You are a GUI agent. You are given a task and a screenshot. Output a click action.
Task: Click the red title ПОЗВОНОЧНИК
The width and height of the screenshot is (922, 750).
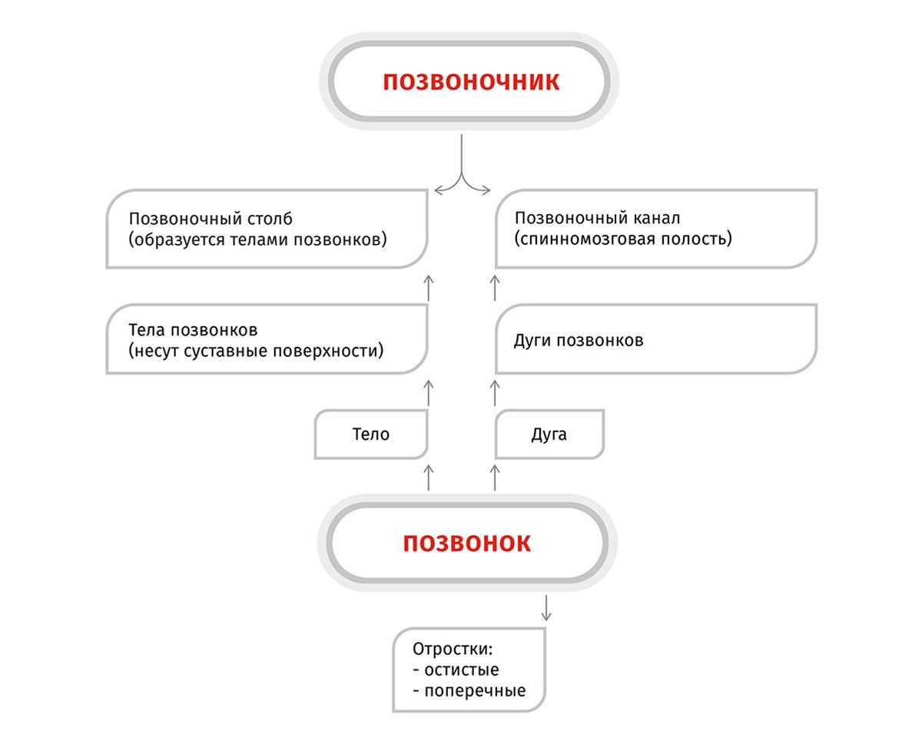click(471, 81)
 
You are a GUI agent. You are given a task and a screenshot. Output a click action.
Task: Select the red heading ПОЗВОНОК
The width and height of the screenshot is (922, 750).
click(466, 544)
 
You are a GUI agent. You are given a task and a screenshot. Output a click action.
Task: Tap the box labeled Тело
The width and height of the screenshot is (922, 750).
click(371, 434)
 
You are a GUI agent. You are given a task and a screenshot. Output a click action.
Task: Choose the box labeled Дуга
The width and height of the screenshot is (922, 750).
click(549, 434)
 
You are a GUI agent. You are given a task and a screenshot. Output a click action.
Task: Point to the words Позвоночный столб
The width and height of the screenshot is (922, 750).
click(211, 219)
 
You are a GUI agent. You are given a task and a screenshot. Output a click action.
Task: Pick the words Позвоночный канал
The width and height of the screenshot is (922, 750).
click(597, 219)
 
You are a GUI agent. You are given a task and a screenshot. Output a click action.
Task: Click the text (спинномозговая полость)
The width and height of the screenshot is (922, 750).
click(623, 239)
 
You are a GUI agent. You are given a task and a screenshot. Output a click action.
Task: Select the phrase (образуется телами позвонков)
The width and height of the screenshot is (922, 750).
click(258, 239)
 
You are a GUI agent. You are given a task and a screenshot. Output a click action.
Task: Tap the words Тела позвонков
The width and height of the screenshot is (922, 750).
click(193, 330)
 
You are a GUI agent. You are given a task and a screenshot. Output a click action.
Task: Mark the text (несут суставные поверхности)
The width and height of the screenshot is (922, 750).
click(256, 352)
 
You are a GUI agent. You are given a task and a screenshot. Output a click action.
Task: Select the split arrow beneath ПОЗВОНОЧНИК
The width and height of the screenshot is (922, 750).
click(461, 173)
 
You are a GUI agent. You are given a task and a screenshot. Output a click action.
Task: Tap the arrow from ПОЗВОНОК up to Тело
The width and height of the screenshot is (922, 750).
click(429, 477)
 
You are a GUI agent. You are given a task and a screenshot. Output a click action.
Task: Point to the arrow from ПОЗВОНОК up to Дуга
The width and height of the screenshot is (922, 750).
click(494, 477)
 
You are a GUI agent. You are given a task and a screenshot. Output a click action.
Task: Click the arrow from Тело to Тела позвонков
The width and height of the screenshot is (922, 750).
click(429, 392)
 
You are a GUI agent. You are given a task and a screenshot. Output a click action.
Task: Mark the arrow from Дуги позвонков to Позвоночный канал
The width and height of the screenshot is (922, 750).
click(494, 286)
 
